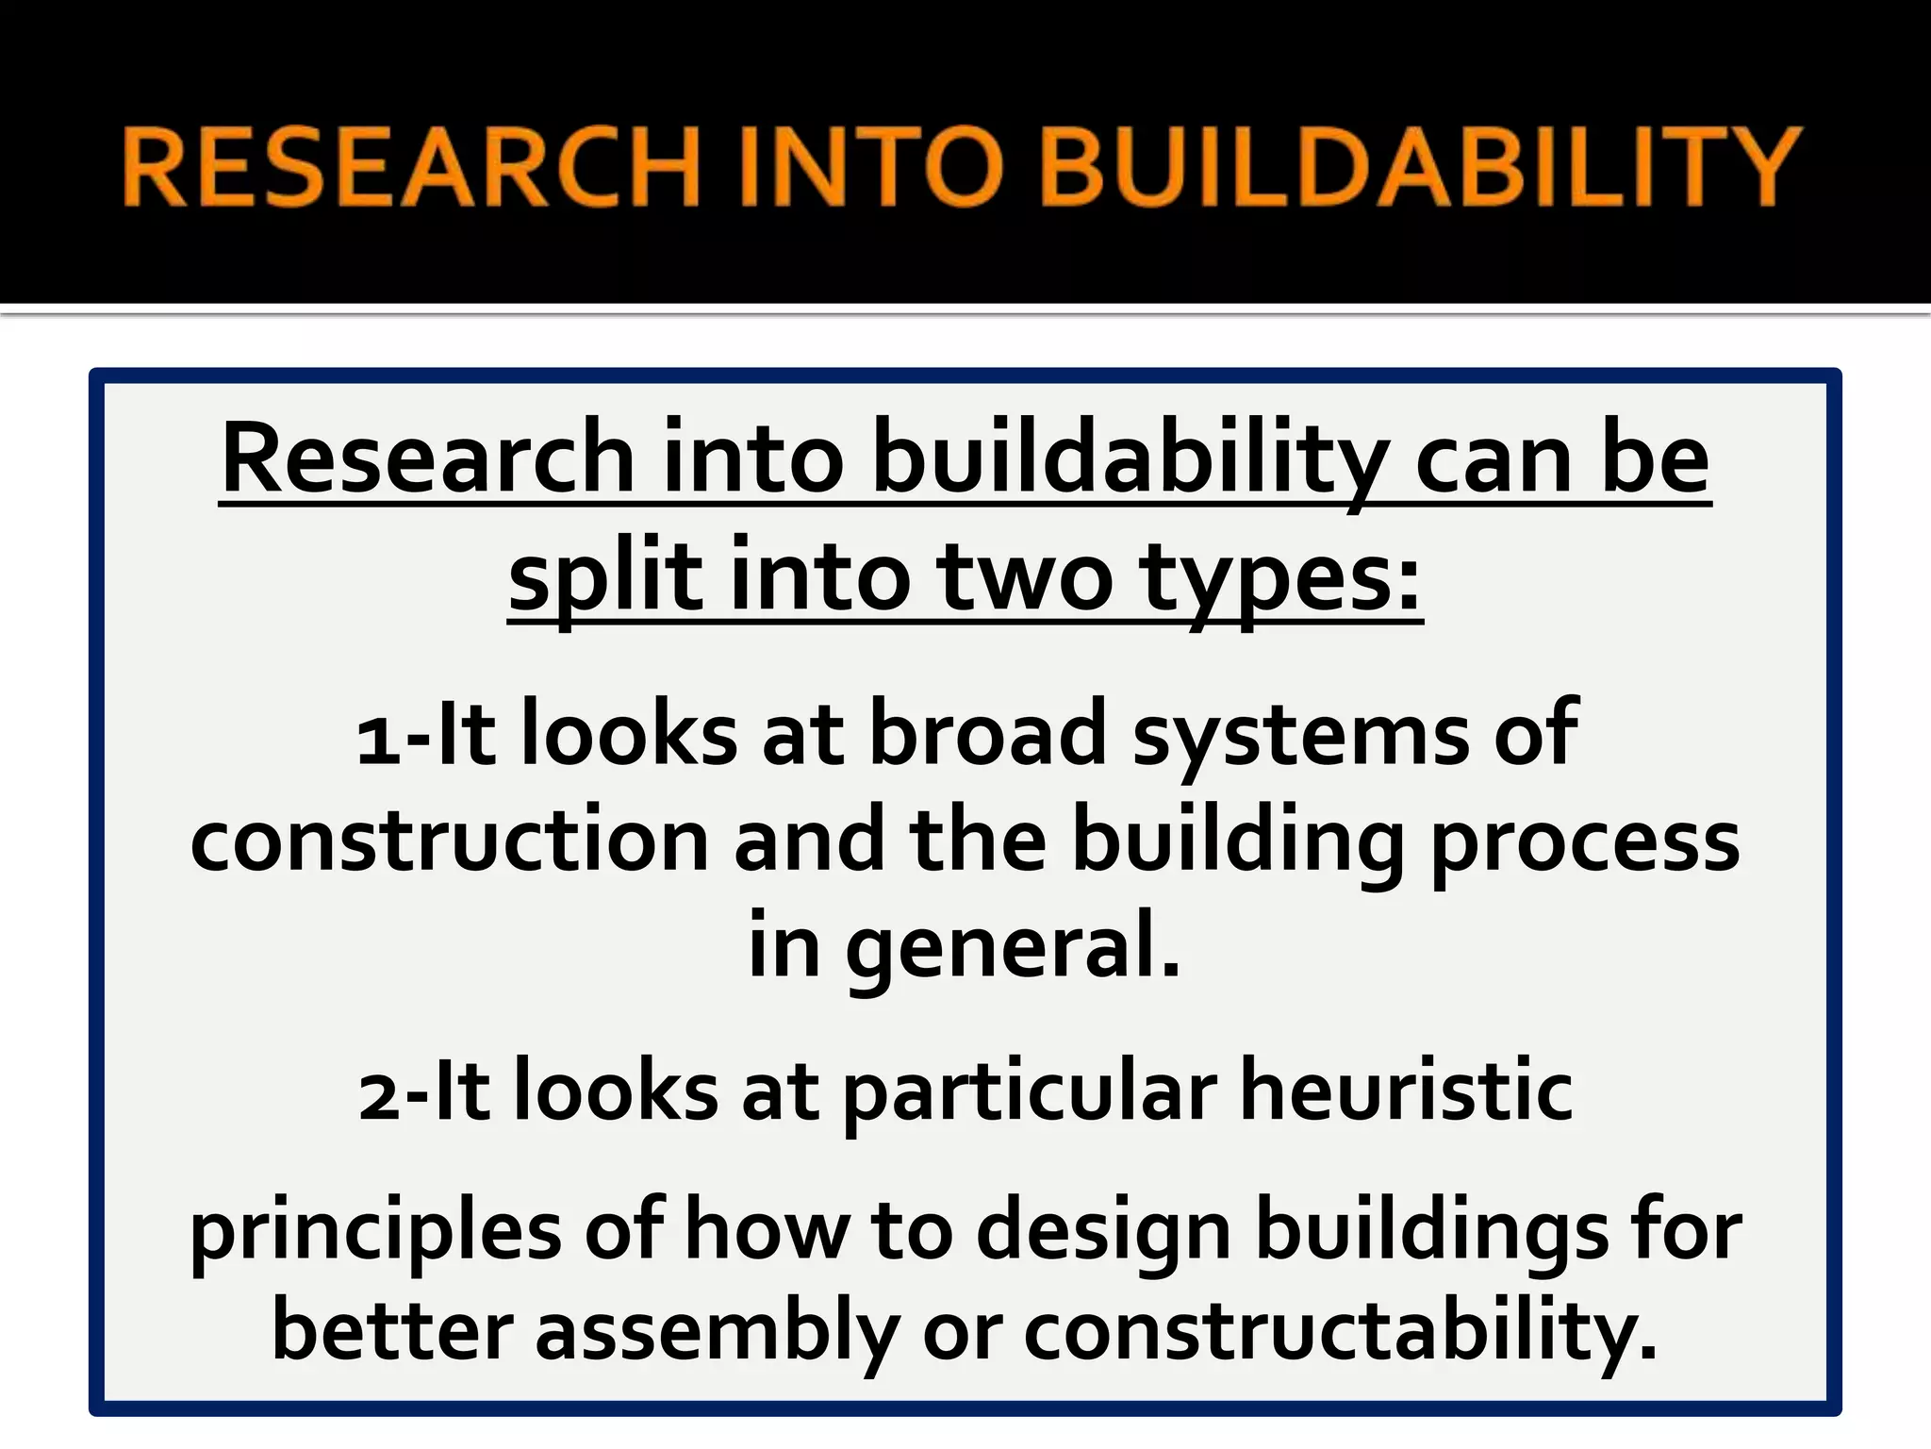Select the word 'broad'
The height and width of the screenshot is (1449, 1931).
986,735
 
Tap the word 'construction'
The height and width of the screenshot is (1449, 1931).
449,841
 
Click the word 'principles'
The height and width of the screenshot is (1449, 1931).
375,1232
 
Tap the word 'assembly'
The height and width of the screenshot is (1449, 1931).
718,1334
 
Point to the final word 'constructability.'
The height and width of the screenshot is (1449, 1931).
1340,1334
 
